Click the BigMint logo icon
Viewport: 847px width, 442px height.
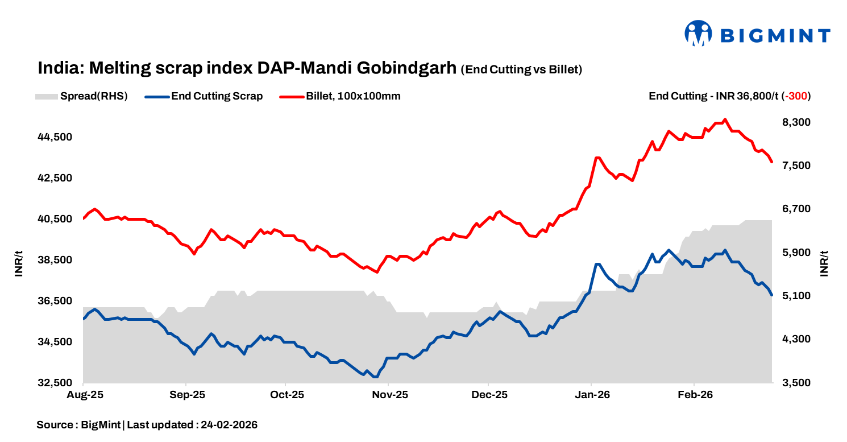[x=699, y=34]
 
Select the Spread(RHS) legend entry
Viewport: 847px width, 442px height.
[x=81, y=96]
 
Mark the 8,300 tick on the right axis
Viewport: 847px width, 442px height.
[x=795, y=122]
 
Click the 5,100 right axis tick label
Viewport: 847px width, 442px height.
[x=795, y=296]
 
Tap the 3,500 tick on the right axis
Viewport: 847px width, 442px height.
[x=795, y=383]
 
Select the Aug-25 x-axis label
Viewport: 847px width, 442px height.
[x=84, y=395]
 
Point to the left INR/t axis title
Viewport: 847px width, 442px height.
[x=19, y=263]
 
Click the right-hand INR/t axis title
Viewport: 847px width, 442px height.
[x=824, y=263]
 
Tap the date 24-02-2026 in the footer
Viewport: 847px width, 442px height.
[x=229, y=425]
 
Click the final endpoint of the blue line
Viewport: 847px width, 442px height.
[x=771, y=295]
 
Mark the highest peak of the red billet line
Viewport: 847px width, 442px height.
[x=724, y=119]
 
